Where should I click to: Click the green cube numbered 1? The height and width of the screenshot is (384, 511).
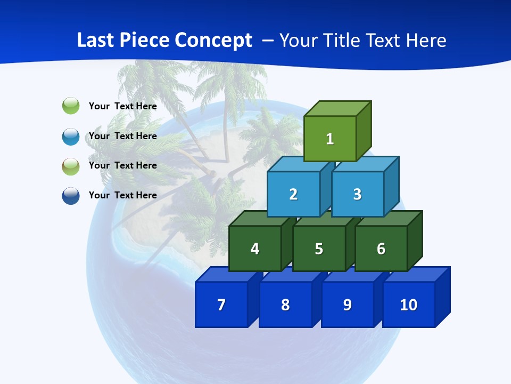[330, 139]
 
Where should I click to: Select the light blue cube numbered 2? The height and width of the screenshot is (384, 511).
[293, 194]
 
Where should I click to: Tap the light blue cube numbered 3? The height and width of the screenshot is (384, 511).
[357, 194]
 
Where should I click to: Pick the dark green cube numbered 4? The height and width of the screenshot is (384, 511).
[255, 249]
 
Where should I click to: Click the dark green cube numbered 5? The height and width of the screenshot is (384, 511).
[319, 249]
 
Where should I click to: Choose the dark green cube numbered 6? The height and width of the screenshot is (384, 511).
[381, 249]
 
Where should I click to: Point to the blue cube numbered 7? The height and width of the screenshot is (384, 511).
[221, 305]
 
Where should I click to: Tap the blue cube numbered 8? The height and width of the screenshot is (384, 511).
[285, 305]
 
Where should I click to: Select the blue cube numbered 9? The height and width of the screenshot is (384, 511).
[347, 305]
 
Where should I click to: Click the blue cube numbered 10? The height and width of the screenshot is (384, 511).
[408, 305]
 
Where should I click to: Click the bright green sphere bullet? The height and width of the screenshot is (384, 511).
[71, 106]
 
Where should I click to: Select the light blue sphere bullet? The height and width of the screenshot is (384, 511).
[71, 137]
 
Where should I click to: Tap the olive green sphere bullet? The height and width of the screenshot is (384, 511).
[71, 166]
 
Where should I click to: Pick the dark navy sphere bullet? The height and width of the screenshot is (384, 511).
[71, 196]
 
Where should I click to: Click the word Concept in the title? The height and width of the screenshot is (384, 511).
[213, 41]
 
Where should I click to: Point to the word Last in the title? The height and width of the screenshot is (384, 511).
[95, 41]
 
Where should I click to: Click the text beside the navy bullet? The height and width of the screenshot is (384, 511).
[122, 195]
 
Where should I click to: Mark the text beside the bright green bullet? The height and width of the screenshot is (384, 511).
[122, 106]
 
